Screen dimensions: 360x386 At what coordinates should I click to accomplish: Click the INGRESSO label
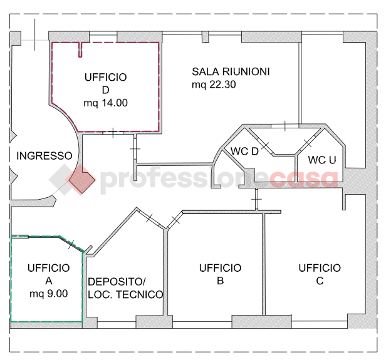[x=44, y=156]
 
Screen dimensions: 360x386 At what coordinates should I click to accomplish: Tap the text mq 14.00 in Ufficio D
[x=105, y=103]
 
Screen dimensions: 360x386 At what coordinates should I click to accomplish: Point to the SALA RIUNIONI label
[x=231, y=71]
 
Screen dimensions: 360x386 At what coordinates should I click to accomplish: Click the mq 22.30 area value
[x=214, y=85]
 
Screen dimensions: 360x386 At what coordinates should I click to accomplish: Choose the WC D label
[x=244, y=151]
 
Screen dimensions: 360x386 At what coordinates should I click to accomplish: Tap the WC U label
[x=323, y=160]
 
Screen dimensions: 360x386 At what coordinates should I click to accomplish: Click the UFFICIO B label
[x=220, y=274]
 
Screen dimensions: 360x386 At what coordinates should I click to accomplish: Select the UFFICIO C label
[x=320, y=274]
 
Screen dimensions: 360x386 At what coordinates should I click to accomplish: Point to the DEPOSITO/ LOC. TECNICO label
[x=125, y=288]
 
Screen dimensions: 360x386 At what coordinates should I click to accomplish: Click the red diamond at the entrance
[x=81, y=180]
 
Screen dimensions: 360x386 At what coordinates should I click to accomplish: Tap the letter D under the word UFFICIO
[x=105, y=90]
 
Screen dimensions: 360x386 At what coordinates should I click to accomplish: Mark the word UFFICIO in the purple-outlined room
[x=105, y=77]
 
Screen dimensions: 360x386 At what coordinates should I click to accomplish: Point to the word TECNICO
[x=142, y=294]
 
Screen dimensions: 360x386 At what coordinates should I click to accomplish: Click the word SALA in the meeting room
[x=204, y=71]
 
